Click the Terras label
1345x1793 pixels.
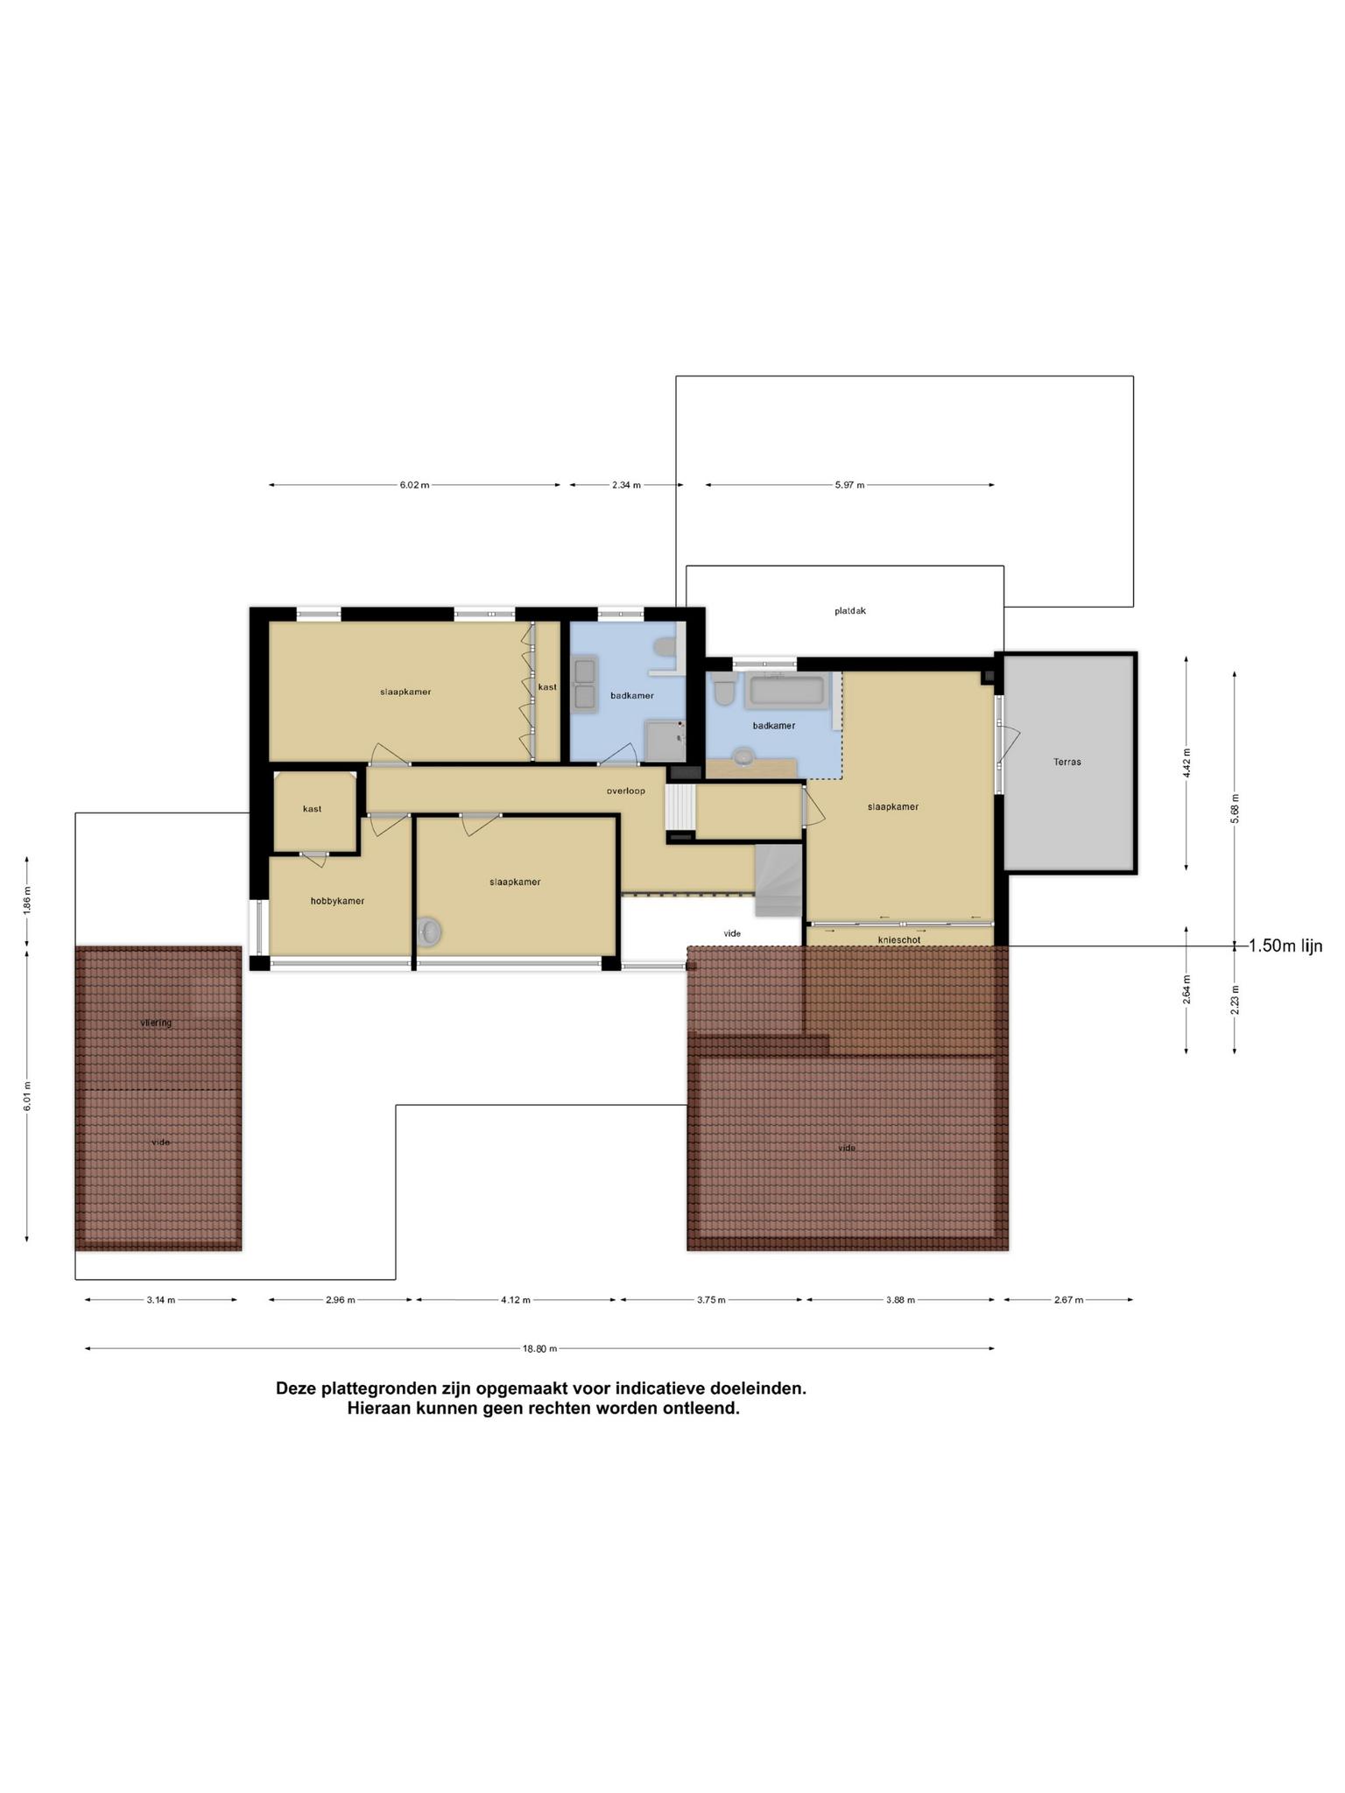point(1067,762)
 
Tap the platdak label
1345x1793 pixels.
point(849,611)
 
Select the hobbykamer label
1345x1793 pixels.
point(337,901)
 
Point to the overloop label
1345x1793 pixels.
point(625,791)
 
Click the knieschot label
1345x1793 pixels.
point(898,939)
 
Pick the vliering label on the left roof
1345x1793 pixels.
point(156,1023)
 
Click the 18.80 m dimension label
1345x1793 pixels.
point(539,1349)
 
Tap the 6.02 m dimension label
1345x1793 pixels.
point(414,485)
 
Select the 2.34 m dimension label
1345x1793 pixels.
point(626,485)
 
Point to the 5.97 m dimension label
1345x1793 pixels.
point(849,485)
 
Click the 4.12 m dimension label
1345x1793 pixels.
point(516,1300)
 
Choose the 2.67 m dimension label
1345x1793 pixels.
point(1068,1300)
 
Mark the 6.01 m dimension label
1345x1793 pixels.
point(27,1096)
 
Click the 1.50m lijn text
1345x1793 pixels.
point(1285,946)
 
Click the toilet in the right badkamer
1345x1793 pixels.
point(723,690)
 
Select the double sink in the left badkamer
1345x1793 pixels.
point(583,684)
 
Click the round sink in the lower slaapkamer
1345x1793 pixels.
point(428,932)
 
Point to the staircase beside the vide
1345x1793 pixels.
point(778,880)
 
